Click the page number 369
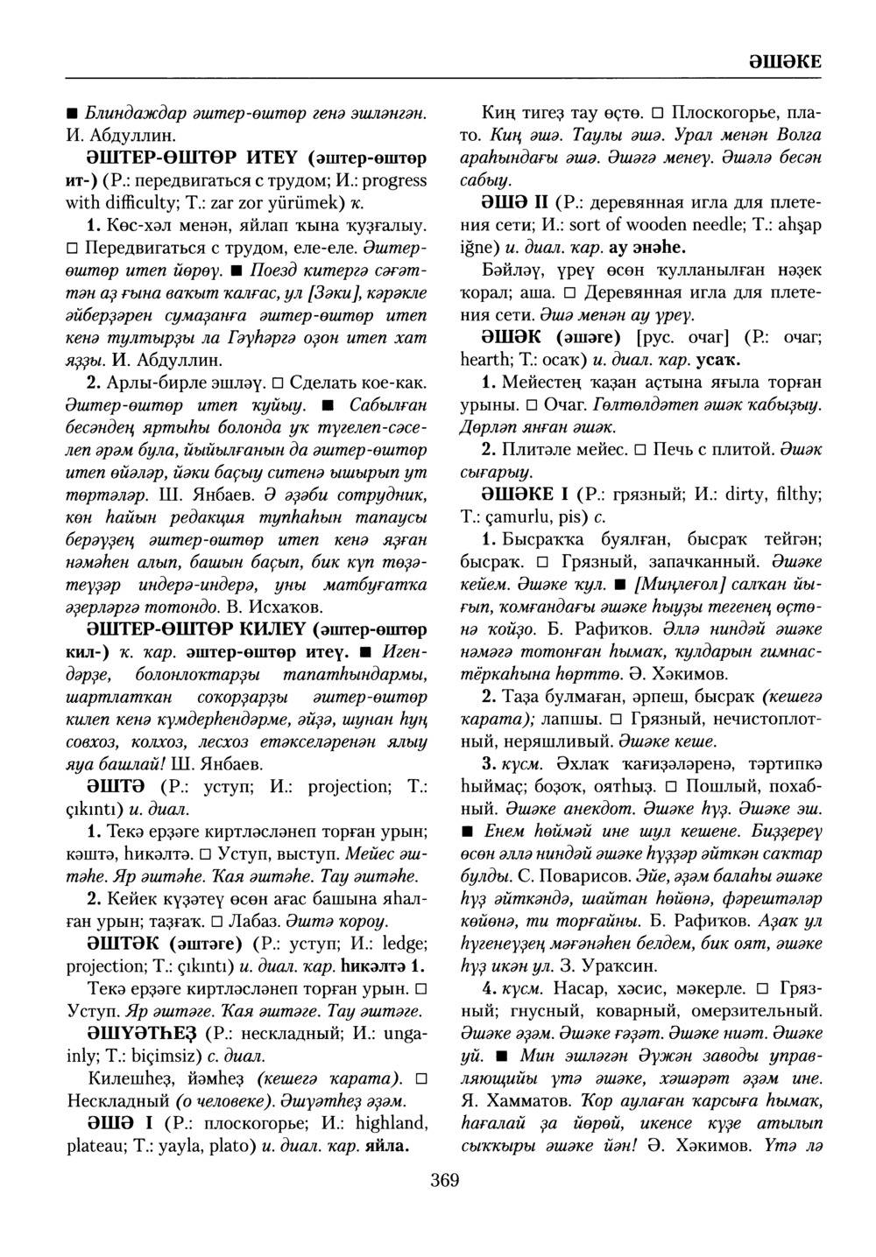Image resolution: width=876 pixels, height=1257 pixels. pos(445,1181)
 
